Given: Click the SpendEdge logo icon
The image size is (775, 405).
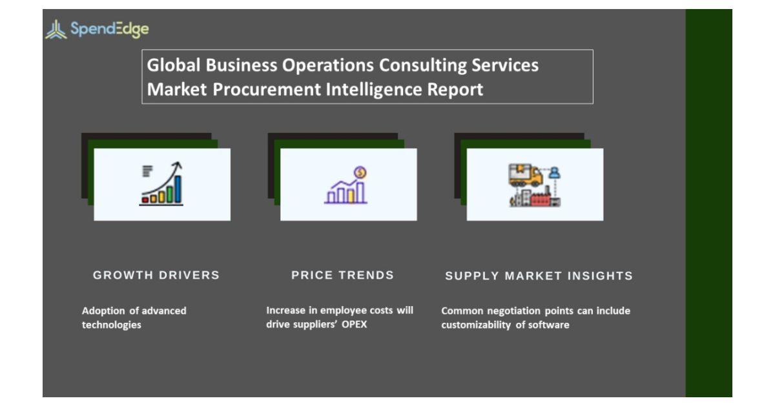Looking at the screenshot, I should [56, 29].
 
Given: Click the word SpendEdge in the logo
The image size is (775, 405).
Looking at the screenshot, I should [109, 29].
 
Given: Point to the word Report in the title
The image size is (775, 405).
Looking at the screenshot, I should [455, 89].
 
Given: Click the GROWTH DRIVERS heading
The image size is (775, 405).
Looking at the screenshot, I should [156, 275].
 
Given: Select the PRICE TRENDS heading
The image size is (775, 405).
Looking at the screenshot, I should [342, 275].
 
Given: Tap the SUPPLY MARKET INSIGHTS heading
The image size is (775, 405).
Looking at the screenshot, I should [539, 276].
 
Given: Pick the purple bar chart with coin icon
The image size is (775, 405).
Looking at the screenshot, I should [347, 186].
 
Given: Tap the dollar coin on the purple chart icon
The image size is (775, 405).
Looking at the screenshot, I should [360, 172].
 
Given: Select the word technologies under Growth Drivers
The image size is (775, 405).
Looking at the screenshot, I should [111, 325].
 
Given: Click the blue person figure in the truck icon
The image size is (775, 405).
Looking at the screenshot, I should [554, 172].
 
